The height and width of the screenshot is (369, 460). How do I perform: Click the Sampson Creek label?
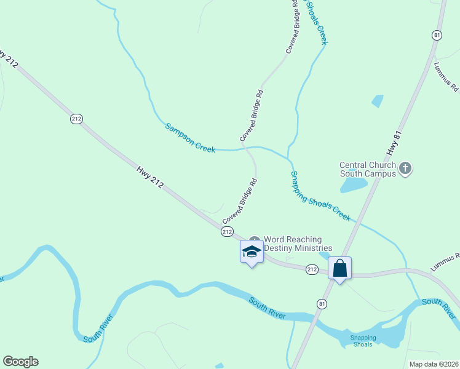pos(190,137)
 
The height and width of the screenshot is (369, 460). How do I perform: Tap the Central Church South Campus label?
pos(368,169)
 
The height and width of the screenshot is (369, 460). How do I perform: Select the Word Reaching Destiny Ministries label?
pos(298,244)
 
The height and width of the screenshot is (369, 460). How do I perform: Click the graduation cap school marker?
pos(252,252)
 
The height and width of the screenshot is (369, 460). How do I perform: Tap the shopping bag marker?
pos(339,269)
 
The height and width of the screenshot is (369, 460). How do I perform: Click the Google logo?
pos(20,362)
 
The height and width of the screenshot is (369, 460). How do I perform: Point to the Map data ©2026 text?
pos(434,364)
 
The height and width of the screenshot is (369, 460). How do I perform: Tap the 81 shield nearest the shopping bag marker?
pos(322,304)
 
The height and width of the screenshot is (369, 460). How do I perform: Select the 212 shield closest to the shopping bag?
pos(312,269)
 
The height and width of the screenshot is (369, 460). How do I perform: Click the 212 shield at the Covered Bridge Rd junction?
pos(227,232)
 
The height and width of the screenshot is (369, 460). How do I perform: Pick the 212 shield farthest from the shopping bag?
pos(76,119)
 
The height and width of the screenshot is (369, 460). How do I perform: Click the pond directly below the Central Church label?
pos(354,185)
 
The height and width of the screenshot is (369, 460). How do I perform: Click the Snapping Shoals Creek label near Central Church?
pos(320,196)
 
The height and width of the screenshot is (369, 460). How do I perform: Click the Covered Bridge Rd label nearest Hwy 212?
pos(239,201)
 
